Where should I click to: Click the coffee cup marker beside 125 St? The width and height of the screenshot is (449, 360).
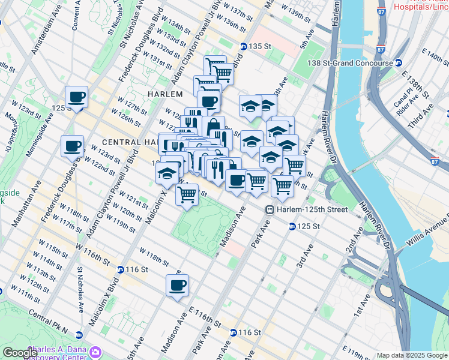[76, 97]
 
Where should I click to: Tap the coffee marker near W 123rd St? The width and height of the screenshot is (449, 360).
[72, 146]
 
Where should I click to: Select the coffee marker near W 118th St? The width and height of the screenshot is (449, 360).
[176, 286]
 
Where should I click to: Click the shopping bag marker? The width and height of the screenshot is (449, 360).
[213, 127]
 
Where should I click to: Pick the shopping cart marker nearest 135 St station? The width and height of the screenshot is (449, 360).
[223, 73]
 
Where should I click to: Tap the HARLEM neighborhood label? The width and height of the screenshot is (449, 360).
[164, 94]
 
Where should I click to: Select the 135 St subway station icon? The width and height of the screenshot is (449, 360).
[244, 46]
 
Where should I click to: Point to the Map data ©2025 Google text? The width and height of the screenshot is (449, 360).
[411, 355]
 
